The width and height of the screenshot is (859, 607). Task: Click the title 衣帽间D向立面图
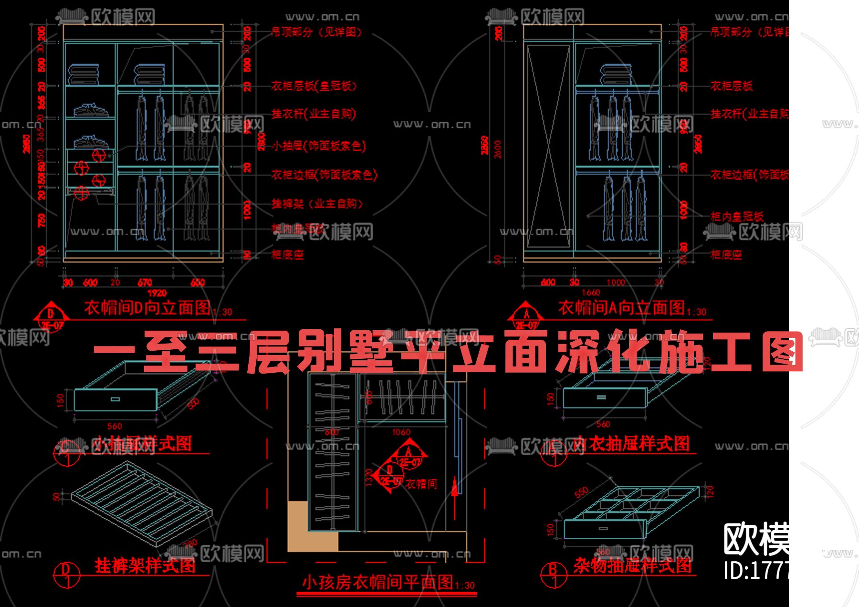point(147,308)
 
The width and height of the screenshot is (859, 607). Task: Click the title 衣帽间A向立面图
point(621,308)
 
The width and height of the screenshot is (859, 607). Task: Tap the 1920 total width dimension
point(157,293)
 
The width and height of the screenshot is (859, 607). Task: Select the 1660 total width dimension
point(591,293)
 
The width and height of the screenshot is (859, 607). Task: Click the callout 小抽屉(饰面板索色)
point(319,146)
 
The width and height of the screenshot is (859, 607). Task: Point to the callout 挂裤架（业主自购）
point(317,204)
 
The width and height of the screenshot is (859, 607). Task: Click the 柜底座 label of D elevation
point(288,255)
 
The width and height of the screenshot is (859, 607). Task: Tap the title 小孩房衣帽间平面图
point(377,582)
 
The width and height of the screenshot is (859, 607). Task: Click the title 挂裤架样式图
point(145,565)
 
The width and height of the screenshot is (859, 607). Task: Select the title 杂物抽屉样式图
point(632,566)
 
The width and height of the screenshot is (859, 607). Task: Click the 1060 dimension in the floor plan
point(401,432)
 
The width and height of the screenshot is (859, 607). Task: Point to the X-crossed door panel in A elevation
point(548,146)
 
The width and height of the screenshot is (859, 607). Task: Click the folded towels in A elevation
point(616,75)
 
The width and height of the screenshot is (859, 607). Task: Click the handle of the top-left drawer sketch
point(115,399)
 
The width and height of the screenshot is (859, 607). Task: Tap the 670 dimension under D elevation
point(145,283)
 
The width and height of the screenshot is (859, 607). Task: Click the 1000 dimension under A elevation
point(616,283)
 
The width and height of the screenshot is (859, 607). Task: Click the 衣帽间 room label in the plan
point(421,484)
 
